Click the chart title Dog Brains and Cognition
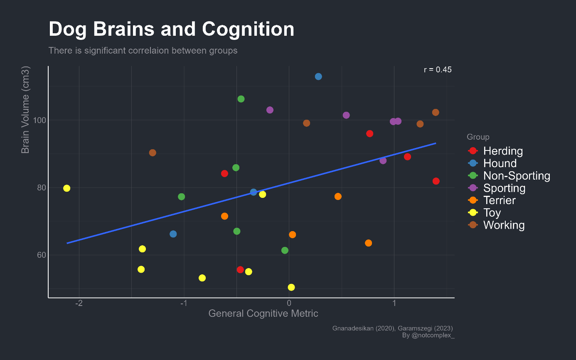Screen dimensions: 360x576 tap(171, 30)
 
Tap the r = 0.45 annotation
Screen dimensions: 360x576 tap(438, 70)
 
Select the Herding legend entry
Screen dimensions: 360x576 tap(503, 151)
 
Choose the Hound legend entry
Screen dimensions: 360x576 tap(500, 163)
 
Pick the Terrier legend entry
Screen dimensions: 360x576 tap(500, 200)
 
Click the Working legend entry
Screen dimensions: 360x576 tap(504, 225)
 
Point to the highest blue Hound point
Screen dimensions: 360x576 tap(318, 76)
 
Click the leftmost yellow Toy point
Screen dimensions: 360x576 tap(66, 188)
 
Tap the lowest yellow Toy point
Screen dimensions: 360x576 tap(291, 287)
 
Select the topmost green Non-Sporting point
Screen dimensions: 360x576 tap(241, 99)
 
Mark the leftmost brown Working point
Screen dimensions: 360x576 tap(153, 153)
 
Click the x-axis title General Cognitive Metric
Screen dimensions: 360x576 tap(263, 313)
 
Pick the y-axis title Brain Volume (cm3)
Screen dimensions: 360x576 tap(26, 109)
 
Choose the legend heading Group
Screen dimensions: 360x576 tap(478, 137)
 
